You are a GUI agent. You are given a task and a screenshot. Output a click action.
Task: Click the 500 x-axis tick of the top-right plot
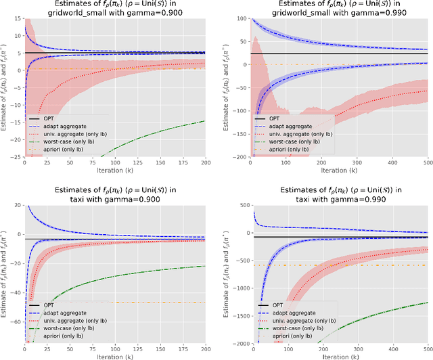click(x=428, y=164)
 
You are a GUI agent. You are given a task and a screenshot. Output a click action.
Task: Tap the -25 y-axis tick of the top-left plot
click(x=16, y=157)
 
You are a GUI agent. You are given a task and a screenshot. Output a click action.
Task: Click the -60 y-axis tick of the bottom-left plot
click(x=16, y=323)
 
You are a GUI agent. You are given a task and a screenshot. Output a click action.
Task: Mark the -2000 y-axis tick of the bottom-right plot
click(x=238, y=344)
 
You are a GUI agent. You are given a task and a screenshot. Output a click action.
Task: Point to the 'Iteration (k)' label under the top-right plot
click(x=339, y=173)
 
